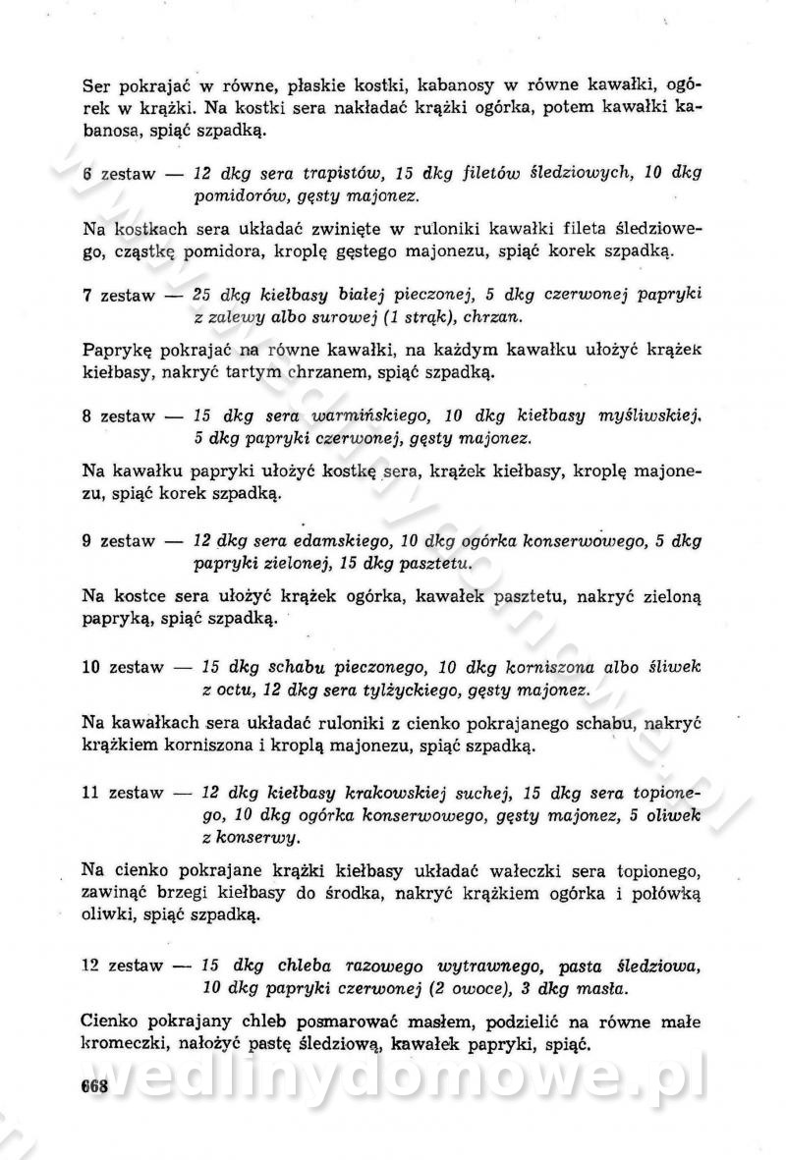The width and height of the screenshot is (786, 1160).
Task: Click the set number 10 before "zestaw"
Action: [x=91, y=667]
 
